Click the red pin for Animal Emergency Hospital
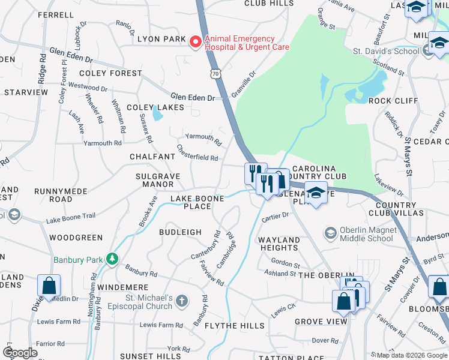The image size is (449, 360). point(195,42)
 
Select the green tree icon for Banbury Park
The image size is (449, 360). point(111,259)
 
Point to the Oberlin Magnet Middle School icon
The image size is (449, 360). point(330,232)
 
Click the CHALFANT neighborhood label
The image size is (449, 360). point(152,156)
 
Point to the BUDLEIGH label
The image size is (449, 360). point(180,232)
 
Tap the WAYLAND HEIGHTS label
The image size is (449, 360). point(279,244)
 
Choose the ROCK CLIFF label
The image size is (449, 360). point(393,100)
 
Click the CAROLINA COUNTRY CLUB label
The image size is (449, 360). point(319,173)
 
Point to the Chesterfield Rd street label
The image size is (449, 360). point(197,152)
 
